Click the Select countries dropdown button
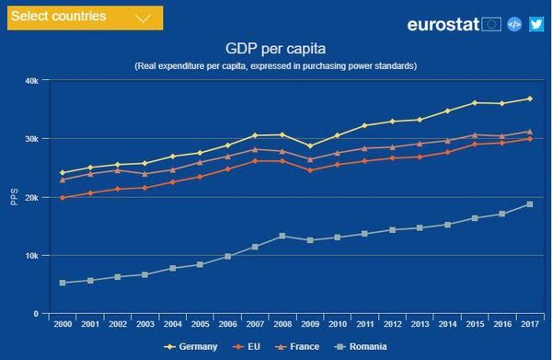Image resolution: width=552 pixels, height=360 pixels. click(84, 17)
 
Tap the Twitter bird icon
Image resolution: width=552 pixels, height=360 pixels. click(536, 24)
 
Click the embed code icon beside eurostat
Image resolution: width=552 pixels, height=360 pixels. click(514, 24)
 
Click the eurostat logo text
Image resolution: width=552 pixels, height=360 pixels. click(443, 24)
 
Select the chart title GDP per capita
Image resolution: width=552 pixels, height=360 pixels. click(275, 47)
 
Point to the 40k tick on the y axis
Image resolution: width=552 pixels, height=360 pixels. click(31, 81)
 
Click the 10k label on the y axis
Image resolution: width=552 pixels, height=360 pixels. click(31, 256)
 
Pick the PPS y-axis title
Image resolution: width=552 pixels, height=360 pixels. click(14, 197)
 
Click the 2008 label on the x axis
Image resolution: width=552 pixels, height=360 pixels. click(283, 325)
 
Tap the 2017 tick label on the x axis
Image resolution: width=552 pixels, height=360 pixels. click(529, 325)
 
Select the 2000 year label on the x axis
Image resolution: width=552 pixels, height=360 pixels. click(63, 325)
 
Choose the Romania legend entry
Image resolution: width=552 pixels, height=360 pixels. click(362, 347)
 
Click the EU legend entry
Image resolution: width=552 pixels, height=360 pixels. click(247, 347)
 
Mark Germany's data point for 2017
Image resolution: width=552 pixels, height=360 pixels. click(529, 99)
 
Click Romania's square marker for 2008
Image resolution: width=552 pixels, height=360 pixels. click(283, 236)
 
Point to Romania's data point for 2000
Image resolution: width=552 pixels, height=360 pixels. click(63, 283)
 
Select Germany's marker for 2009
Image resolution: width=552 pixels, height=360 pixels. click(310, 145)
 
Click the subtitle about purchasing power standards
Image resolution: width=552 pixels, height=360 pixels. click(275, 66)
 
